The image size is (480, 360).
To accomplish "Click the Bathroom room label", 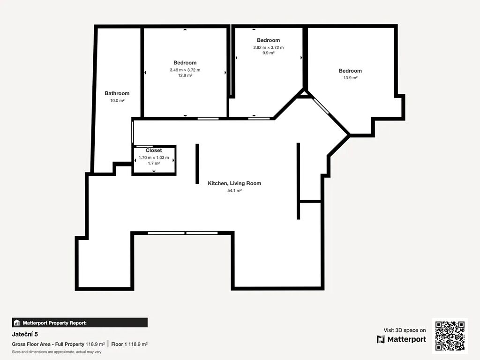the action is coord(117,93).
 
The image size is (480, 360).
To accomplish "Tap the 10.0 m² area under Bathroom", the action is coord(117,100).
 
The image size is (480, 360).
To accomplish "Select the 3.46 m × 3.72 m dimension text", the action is coord(185,70).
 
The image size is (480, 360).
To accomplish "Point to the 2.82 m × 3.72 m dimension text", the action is coord(269,47).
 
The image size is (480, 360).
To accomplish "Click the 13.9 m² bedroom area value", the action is coord(350,78).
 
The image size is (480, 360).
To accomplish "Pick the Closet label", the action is coord(154,150).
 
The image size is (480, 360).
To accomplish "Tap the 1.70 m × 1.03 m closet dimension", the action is coord(154,157).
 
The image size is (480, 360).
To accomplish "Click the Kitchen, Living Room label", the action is coord(234,183).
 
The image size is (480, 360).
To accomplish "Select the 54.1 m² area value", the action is coord(234,190).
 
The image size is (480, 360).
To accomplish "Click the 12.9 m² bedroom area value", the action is coord(185,75).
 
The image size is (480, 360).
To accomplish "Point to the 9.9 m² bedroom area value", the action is coord(269,52).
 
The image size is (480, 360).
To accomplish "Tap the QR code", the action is coord(450,336).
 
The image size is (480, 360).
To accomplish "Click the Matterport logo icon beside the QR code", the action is coord(381,339).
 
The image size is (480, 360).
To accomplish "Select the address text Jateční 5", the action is coord(25,334).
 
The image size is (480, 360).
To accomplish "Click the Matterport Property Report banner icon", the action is coord(17,322).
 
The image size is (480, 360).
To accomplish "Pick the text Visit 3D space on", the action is coord(405,330).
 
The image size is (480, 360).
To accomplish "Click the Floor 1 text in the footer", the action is coord(119,344).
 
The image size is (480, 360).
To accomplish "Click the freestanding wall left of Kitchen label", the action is coord(197,164).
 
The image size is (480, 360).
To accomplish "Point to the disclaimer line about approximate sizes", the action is coord(57,352).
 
